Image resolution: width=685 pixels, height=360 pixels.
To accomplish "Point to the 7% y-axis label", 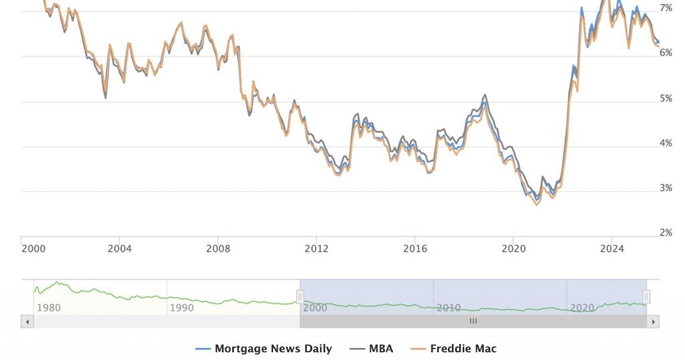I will click(x=666, y=8).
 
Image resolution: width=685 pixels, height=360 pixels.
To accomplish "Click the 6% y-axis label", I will click(x=666, y=53).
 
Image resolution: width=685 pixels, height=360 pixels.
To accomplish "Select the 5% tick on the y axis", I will click(x=666, y=98).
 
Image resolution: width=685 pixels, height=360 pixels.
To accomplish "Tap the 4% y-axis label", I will click(x=666, y=143).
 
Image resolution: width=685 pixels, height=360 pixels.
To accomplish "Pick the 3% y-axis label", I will click(x=666, y=188).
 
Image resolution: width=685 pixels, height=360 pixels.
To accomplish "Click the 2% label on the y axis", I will click(x=666, y=233).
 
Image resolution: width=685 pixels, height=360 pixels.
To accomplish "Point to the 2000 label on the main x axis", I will click(x=33, y=249).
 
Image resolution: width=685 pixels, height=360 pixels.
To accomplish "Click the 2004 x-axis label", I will click(x=119, y=249).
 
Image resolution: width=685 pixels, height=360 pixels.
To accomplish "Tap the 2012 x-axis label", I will click(x=316, y=249).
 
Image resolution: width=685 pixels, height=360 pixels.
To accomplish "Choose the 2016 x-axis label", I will click(x=415, y=249).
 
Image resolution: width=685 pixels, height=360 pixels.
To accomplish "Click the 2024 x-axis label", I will click(x=611, y=249).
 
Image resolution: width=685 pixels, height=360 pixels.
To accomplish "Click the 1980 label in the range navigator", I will click(x=49, y=308).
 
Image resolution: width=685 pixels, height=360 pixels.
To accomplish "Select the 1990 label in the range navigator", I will click(x=182, y=308).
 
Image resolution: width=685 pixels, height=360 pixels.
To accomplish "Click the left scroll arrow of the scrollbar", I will click(x=27, y=321).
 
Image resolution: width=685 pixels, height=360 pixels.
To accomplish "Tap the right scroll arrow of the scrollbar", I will click(x=653, y=321).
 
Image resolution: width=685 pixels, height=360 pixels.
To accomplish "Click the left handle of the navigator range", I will click(x=300, y=296).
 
